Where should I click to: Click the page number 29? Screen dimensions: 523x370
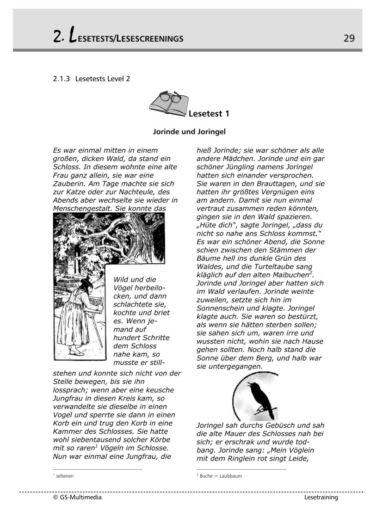(x=349, y=38)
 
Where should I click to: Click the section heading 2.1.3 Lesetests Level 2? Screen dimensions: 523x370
(x=92, y=79)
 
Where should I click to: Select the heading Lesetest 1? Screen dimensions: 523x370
(x=209, y=113)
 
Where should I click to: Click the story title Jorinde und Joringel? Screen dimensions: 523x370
(x=189, y=132)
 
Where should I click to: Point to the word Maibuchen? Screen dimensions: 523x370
(x=286, y=276)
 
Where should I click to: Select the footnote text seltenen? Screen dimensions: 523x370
(x=65, y=475)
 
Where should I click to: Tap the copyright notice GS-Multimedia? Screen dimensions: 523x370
(x=77, y=498)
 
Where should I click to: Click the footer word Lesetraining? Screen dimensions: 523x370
(x=321, y=498)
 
